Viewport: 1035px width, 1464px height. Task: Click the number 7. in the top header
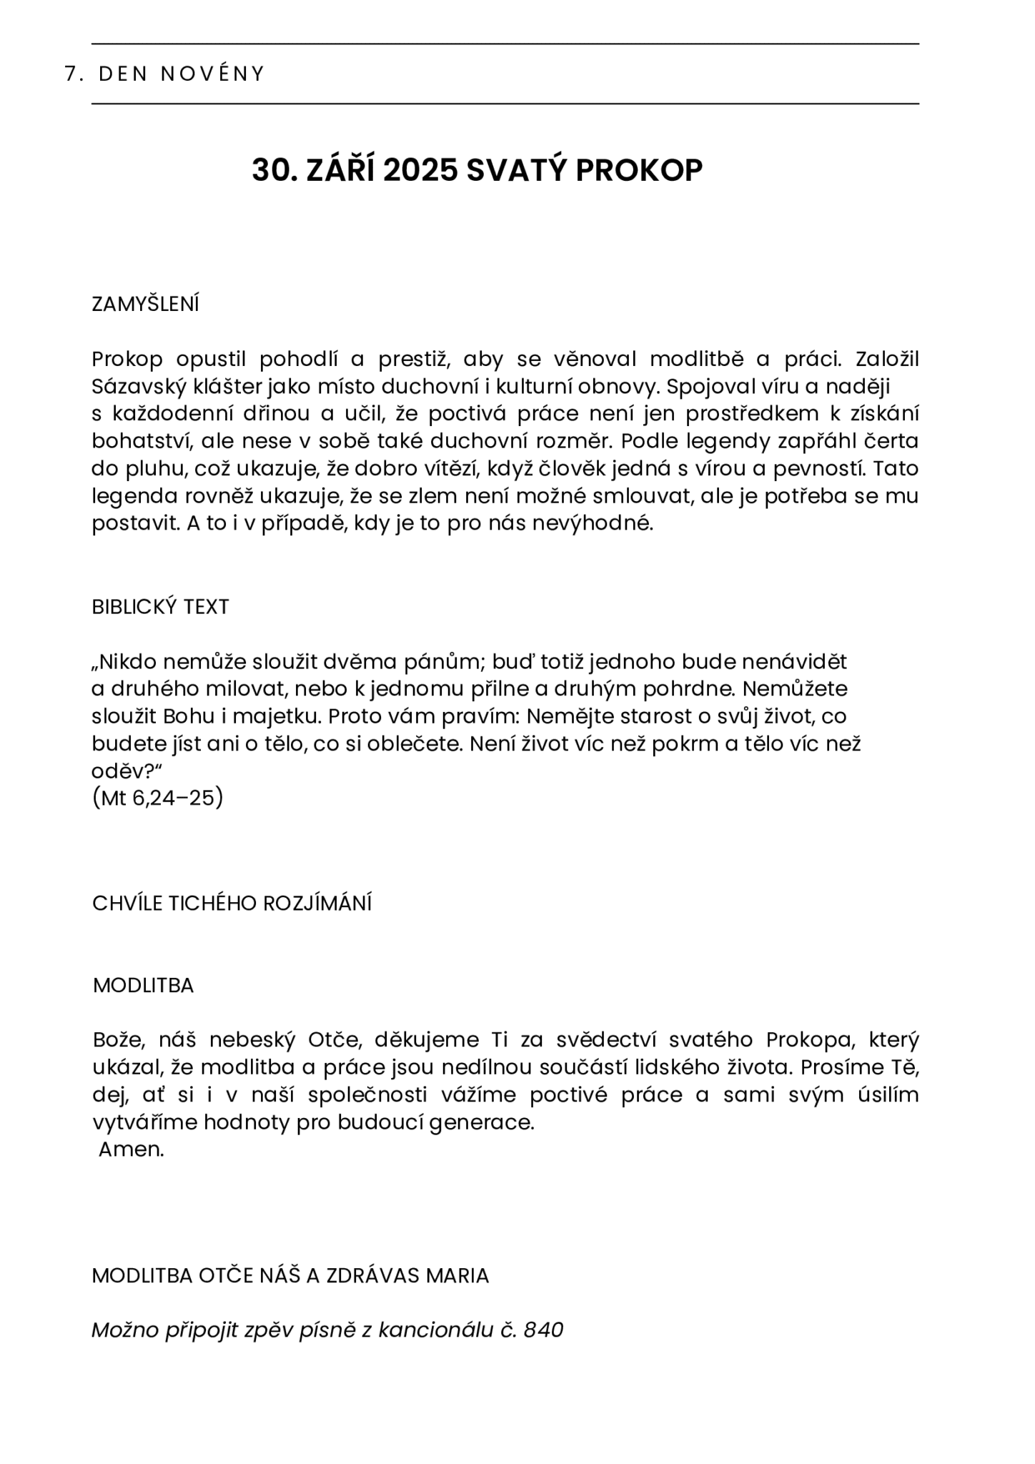click(71, 74)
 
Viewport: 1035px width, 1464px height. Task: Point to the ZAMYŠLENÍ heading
click(145, 305)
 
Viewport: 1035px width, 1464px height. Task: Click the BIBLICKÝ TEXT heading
click(160, 607)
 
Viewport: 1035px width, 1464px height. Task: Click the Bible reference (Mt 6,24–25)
click(157, 798)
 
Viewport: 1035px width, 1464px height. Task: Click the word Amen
click(132, 1149)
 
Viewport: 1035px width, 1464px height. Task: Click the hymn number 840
click(543, 1330)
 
